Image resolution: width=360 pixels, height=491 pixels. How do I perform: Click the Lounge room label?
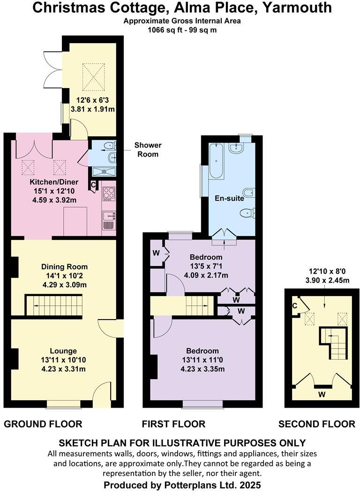pyautogui.click(x=63, y=351)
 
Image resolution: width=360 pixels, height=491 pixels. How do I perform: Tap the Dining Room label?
pyautogui.click(x=63, y=265)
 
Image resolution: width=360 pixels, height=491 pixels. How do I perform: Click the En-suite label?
pyautogui.click(x=229, y=198)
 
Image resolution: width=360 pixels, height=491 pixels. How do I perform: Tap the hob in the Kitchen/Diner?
pyautogui.click(x=109, y=193)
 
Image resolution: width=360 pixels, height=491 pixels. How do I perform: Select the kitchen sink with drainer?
pyautogui.click(x=109, y=219)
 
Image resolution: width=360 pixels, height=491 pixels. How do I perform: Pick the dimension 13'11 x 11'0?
pyautogui.click(x=202, y=360)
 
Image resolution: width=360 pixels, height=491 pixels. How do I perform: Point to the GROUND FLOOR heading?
pyautogui.click(x=43, y=424)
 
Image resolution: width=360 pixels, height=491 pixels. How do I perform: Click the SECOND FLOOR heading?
pyautogui.click(x=317, y=424)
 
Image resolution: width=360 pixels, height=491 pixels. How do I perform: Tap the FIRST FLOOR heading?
pyautogui.click(x=174, y=424)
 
